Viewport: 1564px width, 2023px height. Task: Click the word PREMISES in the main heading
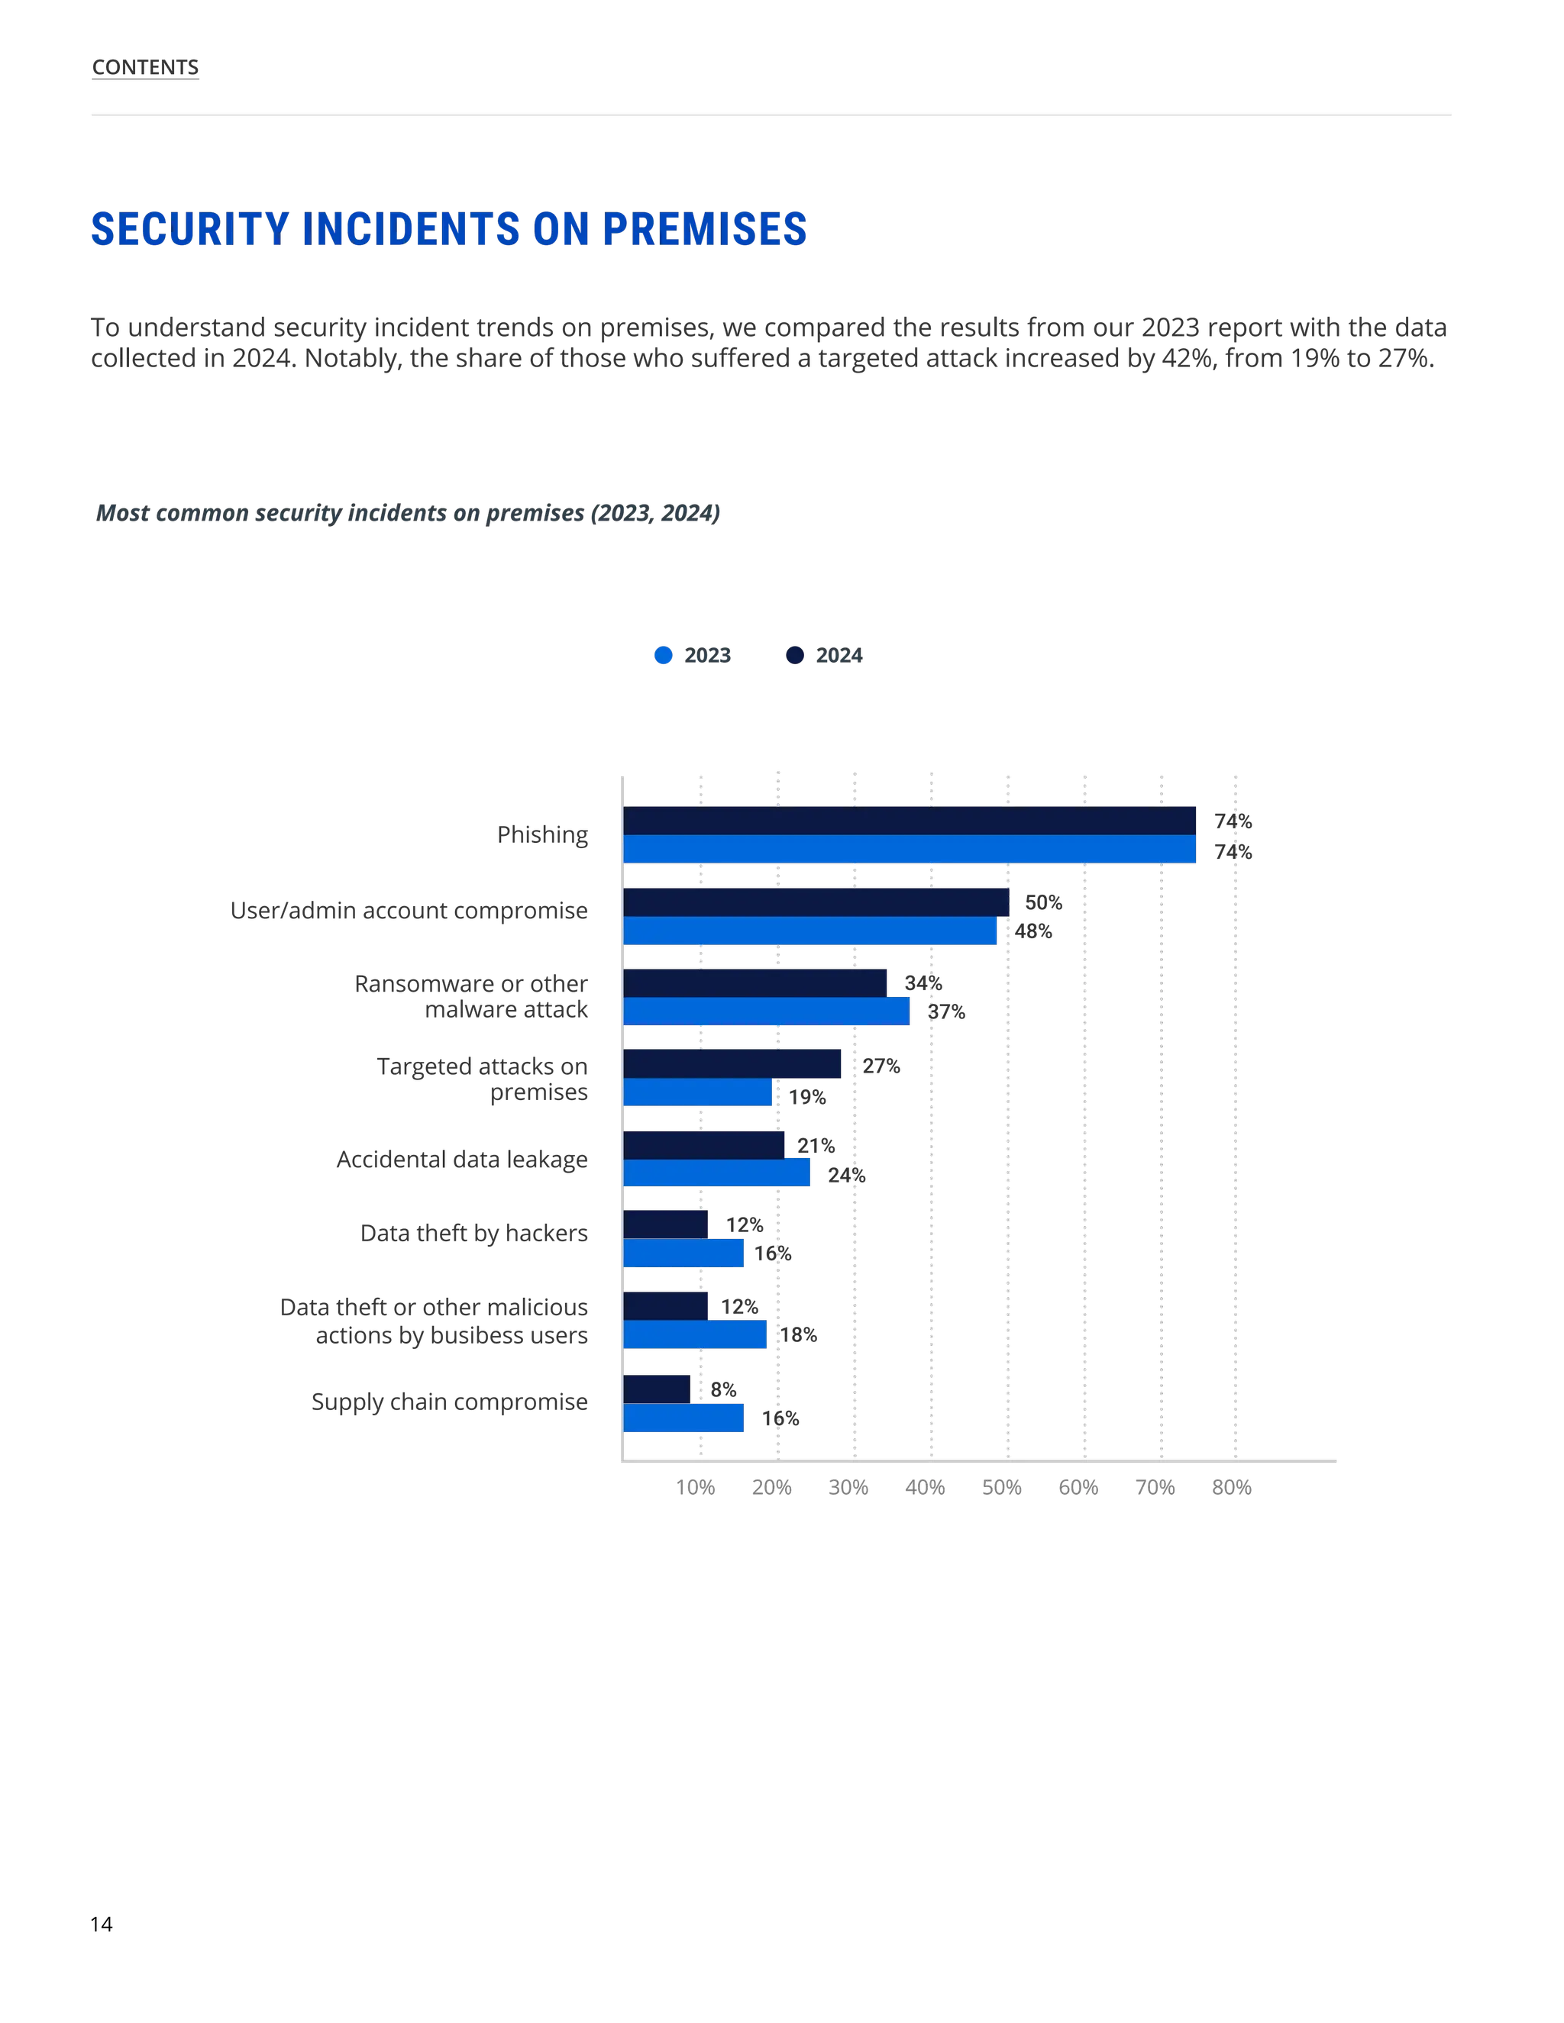click(704, 229)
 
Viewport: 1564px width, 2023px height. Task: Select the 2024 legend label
click(839, 656)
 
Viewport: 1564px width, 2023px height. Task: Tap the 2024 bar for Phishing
click(908, 821)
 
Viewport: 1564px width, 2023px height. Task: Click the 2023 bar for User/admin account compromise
click(809, 931)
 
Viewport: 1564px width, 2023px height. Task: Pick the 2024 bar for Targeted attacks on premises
click(732, 1064)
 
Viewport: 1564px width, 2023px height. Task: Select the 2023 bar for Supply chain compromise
click(683, 1418)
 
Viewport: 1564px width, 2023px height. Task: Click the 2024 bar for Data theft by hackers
click(665, 1224)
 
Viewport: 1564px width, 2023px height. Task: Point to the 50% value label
click(1043, 902)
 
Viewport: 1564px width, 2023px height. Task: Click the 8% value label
click(722, 1389)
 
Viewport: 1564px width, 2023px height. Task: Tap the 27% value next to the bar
click(881, 1066)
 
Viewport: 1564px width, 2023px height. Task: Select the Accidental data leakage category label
click(461, 1160)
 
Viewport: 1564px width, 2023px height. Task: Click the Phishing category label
click(541, 834)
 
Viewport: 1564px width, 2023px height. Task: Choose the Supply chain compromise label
click(449, 1402)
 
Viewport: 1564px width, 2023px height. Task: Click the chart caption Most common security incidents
click(408, 513)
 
